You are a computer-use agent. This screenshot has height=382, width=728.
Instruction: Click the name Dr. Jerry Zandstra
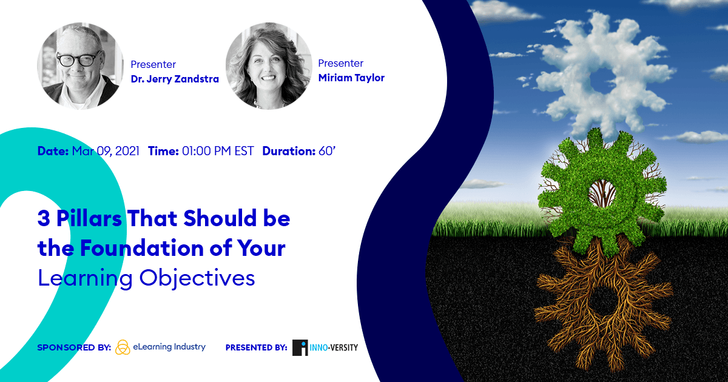[x=175, y=79]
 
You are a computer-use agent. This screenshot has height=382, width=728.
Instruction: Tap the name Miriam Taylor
[x=351, y=78]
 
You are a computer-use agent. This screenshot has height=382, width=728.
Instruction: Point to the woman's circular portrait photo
[x=269, y=66]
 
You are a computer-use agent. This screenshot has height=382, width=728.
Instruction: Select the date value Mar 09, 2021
[x=106, y=152]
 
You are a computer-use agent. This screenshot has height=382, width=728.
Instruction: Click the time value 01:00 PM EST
[x=218, y=152]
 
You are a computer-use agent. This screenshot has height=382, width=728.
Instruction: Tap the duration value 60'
[x=326, y=151]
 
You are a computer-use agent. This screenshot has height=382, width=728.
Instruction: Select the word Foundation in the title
[x=142, y=248]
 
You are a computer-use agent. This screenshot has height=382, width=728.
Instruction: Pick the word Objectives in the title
[x=197, y=279]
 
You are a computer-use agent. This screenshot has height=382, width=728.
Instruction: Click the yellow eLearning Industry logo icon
[x=123, y=347]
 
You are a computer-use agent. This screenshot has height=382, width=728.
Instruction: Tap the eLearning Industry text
[x=169, y=347]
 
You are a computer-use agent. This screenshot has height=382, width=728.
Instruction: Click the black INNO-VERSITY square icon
[x=300, y=347]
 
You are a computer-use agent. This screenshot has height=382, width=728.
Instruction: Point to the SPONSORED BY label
[x=74, y=347]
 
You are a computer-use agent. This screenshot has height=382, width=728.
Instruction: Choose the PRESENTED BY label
[x=257, y=347]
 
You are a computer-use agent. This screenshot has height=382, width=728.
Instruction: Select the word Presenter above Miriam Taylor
[x=340, y=63]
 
